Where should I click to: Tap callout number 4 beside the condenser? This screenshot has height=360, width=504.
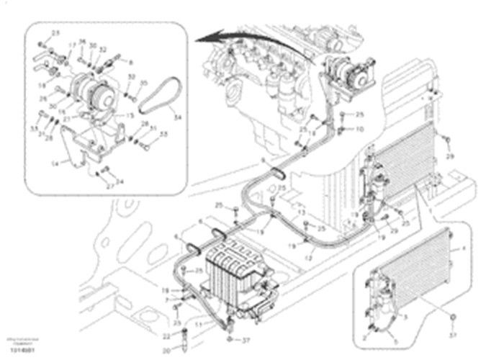click(462, 248)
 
